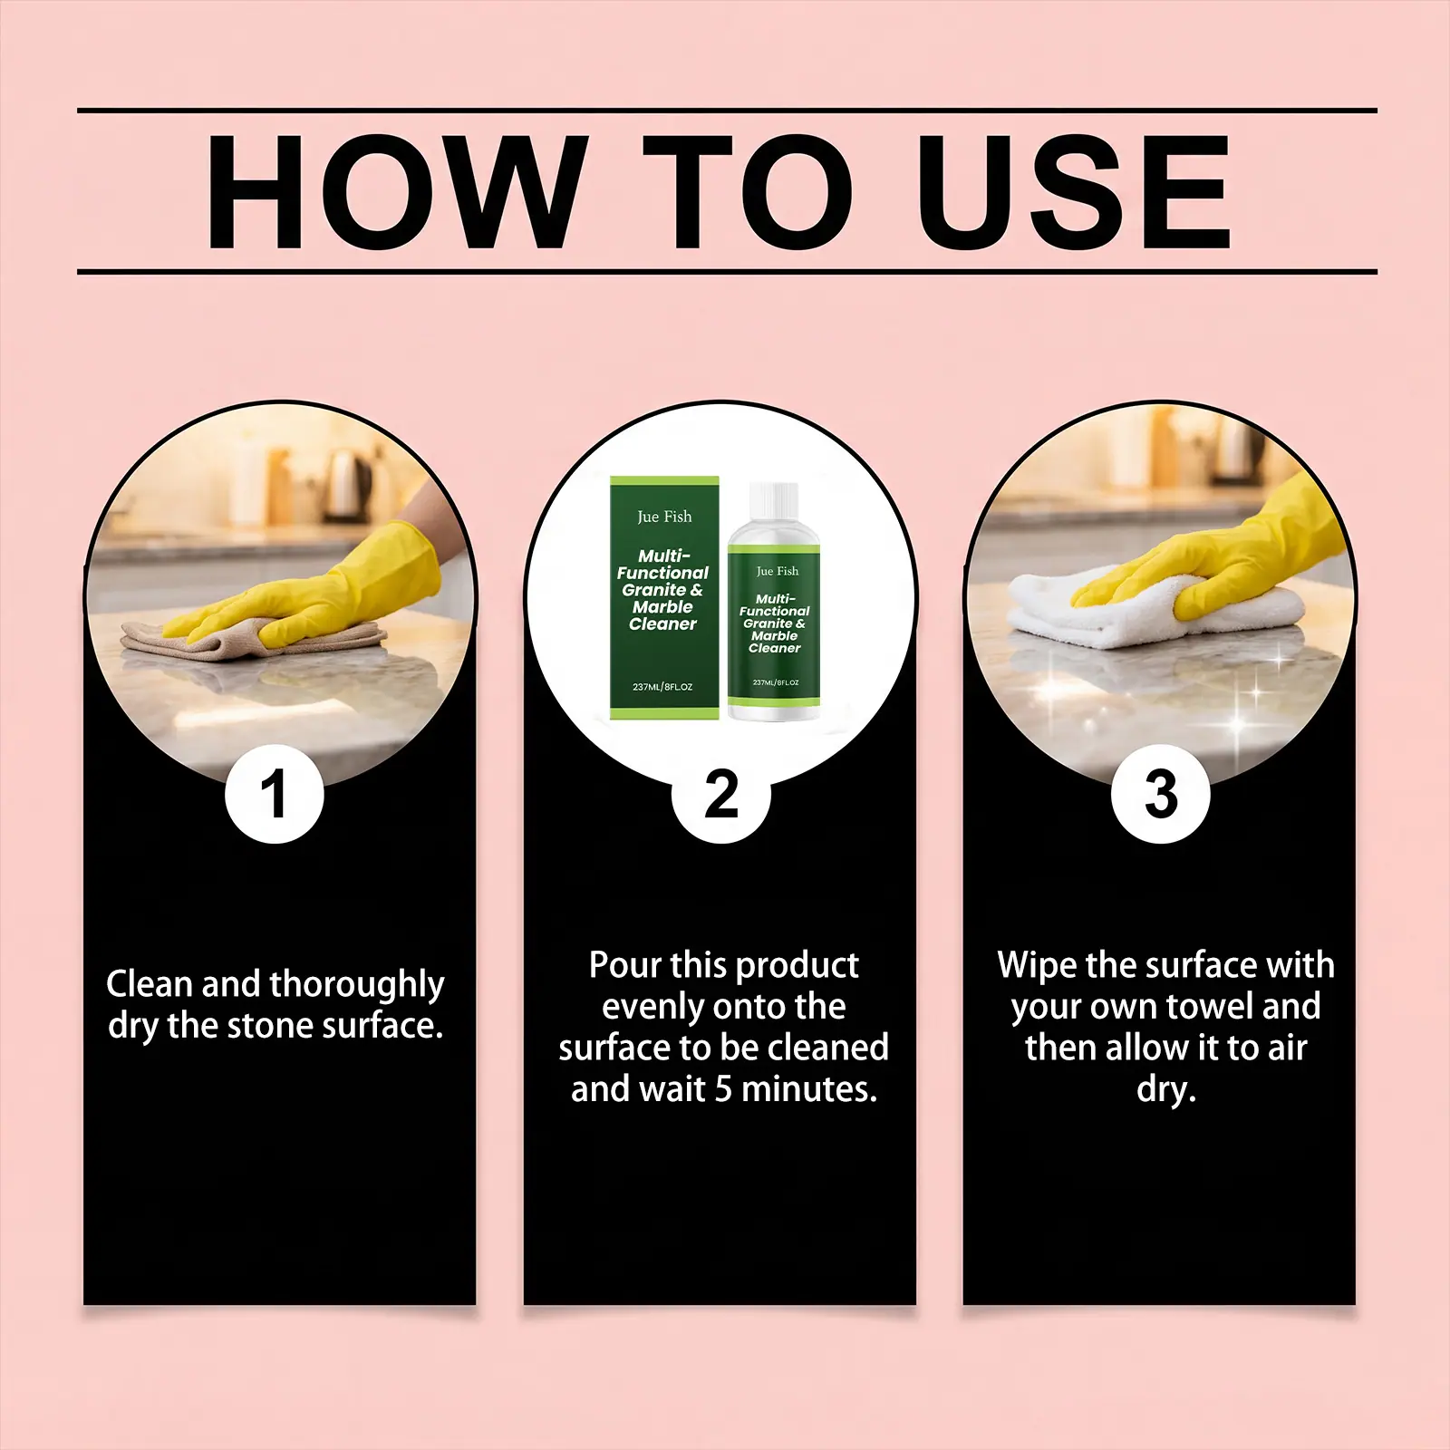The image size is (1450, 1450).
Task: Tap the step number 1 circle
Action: pos(274,794)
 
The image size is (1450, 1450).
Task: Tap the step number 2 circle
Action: pos(721,794)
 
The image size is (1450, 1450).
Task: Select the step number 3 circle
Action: pos(1161,794)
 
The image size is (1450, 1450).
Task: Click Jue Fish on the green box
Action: pos(664,517)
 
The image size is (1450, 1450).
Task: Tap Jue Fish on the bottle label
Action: pos(777,571)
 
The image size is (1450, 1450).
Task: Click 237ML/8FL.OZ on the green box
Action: pos(662,687)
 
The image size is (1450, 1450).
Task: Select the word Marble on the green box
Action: pos(662,607)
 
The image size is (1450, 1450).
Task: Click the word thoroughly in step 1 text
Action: pos(357,985)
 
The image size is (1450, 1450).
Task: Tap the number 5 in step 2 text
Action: pos(722,1089)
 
